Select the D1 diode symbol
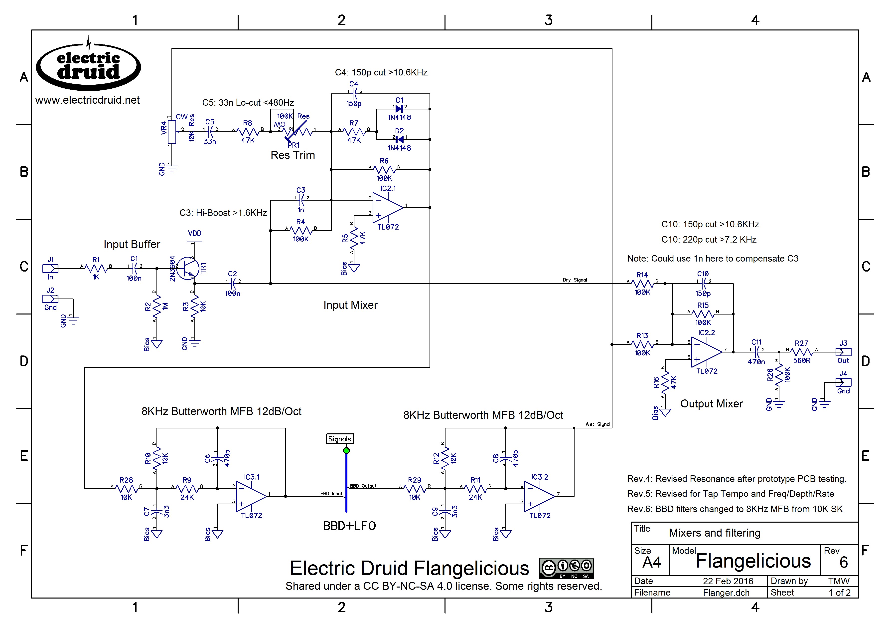pyautogui.click(x=399, y=109)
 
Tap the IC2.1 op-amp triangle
pyautogui.click(x=387, y=208)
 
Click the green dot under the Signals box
pyautogui.click(x=346, y=451)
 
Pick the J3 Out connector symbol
pyautogui.click(x=843, y=352)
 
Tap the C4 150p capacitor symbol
pyautogui.click(x=354, y=93)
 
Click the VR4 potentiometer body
pyautogui.click(x=172, y=132)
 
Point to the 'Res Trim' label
pyautogui.click(x=293, y=155)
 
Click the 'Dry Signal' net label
pyautogui.click(x=575, y=280)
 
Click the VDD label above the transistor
pyautogui.click(x=195, y=233)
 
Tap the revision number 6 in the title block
pyautogui.click(x=843, y=562)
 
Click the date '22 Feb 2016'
pyautogui.click(x=728, y=581)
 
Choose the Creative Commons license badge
pyautogui.click(x=566, y=569)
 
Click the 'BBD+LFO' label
pyautogui.click(x=349, y=526)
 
